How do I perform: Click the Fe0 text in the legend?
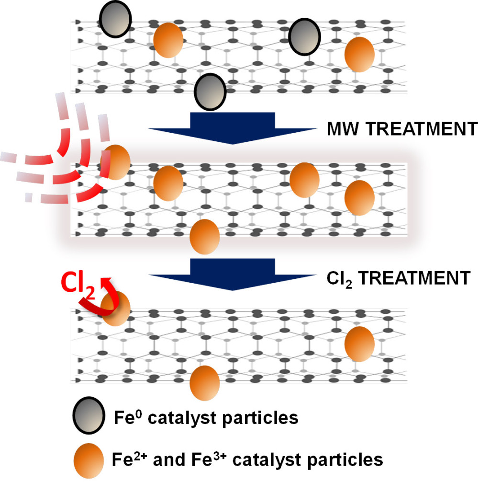pos(126,417)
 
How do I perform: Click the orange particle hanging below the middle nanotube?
pos(205,237)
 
